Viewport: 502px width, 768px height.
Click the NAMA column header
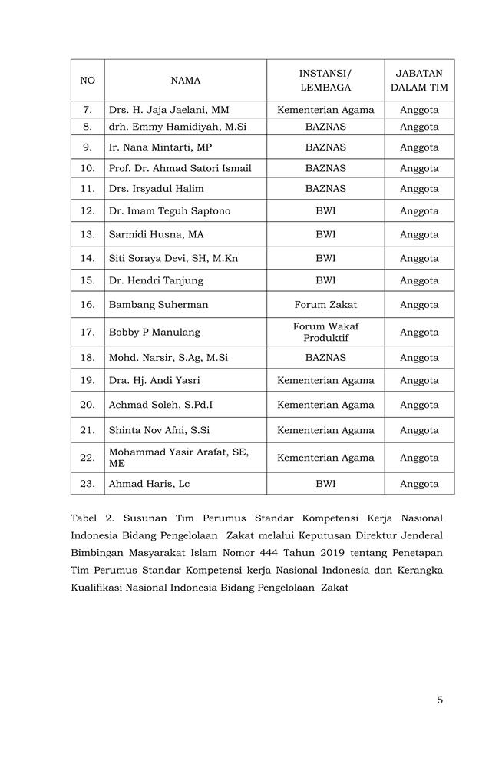pyautogui.click(x=186, y=80)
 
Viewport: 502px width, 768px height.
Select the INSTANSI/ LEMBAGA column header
pyautogui.click(x=325, y=80)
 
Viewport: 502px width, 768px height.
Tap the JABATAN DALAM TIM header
pyautogui.click(x=419, y=80)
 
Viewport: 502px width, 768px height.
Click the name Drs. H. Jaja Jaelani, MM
pyautogui.click(x=169, y=110)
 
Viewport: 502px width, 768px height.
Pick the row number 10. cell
pyautogui.click(x=88, y=168)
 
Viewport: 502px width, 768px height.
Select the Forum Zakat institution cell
pyautogui.click(x=325, y=305)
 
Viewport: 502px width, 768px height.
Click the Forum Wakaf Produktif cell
pyautogui.click(x=325, y=333)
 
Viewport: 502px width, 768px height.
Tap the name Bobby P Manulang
pyautogui.click(x=154, y=333)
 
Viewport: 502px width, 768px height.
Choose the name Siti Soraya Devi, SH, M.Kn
pyautogui.click(x=173, y=259)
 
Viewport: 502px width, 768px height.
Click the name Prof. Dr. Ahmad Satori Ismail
pyautogui.click(x=180, y=168)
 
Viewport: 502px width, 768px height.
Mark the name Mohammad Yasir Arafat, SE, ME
pyautogui.click(x=179, y=458)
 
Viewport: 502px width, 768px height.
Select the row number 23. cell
pyautogui.click(x=88, y=484)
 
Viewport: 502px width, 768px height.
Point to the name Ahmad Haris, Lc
pyautogui.click(x=149, y=484)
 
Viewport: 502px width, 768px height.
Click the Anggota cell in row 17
pyautogui.click(x=419, y=333)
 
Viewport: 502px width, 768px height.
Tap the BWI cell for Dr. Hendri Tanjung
pyautogui.click(x=325, y=281)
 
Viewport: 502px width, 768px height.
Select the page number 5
pyautogui.click(x=440, y=700)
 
